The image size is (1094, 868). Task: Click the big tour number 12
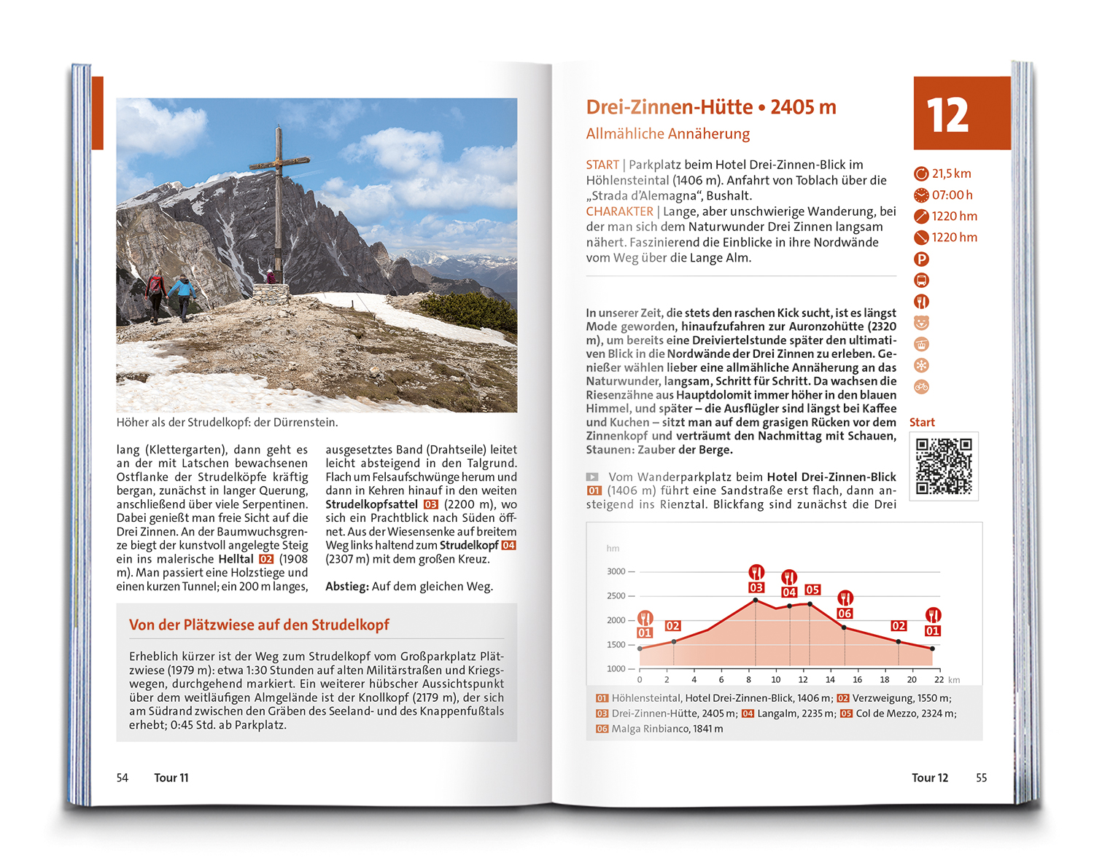click(x=947, y=115)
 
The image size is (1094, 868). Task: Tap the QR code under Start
click(x=944, y=466)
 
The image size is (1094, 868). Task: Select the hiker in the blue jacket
click(x=182, y=295)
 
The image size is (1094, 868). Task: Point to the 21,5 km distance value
click(x=951, y=173)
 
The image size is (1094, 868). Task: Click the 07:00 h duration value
click(x=952, y=195)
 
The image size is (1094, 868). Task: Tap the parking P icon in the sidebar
click(x=921, y=259)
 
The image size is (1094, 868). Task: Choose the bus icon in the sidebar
click(x=921, y=280)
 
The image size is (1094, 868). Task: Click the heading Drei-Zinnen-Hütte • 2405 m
click(x=710, y=107)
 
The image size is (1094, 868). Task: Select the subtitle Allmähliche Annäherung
click(x=667, y=133)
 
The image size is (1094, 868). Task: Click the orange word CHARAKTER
click(x=619, y=211)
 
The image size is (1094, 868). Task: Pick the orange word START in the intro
click(x=602, y=165)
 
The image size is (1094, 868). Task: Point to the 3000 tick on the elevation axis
click(x=616, y=571)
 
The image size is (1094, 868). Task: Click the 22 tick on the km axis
click(x=939, y=679)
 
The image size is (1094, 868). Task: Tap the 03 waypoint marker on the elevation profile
click(x=756, y=587)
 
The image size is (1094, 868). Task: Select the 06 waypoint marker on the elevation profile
click(x=845, y=614)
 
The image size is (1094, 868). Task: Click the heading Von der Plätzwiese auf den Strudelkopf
click(x=259, y=625)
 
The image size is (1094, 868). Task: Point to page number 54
click(x=123, y=778)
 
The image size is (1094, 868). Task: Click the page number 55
click(x=981, y=778)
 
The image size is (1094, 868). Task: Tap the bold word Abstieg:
click(x=346, y=586)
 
